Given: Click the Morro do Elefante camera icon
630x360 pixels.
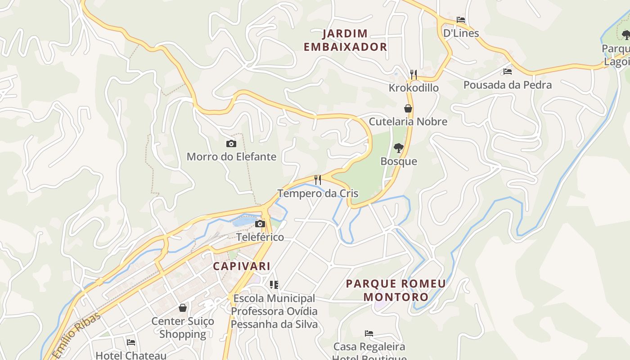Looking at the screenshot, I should point(231,144).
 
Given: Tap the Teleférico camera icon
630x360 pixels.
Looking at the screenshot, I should point(260,224).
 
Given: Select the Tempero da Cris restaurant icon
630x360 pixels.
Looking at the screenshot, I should point(318,180).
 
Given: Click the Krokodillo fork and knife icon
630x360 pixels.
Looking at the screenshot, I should point(414,74).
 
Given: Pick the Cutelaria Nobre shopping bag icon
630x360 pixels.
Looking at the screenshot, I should point(408,108).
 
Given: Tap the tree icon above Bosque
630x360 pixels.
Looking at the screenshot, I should point(398,148).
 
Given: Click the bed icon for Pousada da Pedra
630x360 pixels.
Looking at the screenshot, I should point(508,72).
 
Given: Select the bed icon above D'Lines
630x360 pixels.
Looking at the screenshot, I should point(461,20).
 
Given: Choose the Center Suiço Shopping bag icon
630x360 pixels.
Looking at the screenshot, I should point(183,308).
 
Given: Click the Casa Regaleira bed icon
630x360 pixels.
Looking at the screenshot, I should point(369,333).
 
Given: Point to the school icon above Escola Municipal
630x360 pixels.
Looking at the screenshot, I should point(274,284).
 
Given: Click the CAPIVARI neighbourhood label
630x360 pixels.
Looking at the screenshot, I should point(242,266).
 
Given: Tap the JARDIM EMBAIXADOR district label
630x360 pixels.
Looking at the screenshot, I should point(345,40).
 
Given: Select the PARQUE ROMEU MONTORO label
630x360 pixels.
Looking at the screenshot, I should point(396,290).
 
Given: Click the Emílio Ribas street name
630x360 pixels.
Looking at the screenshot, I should point(76,335).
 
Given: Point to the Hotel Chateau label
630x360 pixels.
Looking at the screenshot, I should point(131,355).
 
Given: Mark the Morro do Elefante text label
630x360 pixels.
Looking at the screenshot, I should point(231,157).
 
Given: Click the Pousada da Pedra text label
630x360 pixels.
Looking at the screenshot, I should point(507,85).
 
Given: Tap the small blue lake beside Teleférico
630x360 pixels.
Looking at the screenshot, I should point(243,220).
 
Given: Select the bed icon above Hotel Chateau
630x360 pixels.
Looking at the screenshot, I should point(131,342).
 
